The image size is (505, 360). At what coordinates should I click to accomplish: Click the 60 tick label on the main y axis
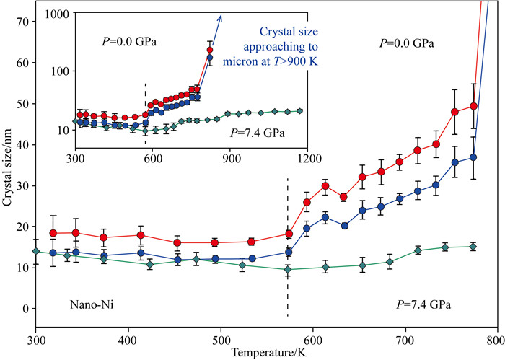point(22,63)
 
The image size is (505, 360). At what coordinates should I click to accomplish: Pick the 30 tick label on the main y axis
point(22,185)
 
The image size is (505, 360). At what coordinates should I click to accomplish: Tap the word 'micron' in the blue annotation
point(256,60)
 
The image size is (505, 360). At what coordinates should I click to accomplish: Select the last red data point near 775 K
point(474,106)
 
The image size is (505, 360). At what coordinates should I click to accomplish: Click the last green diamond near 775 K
point(473,247)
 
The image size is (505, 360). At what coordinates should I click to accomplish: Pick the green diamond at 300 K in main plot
point(36,251)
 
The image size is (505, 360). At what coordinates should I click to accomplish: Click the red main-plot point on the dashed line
point(289,234)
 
